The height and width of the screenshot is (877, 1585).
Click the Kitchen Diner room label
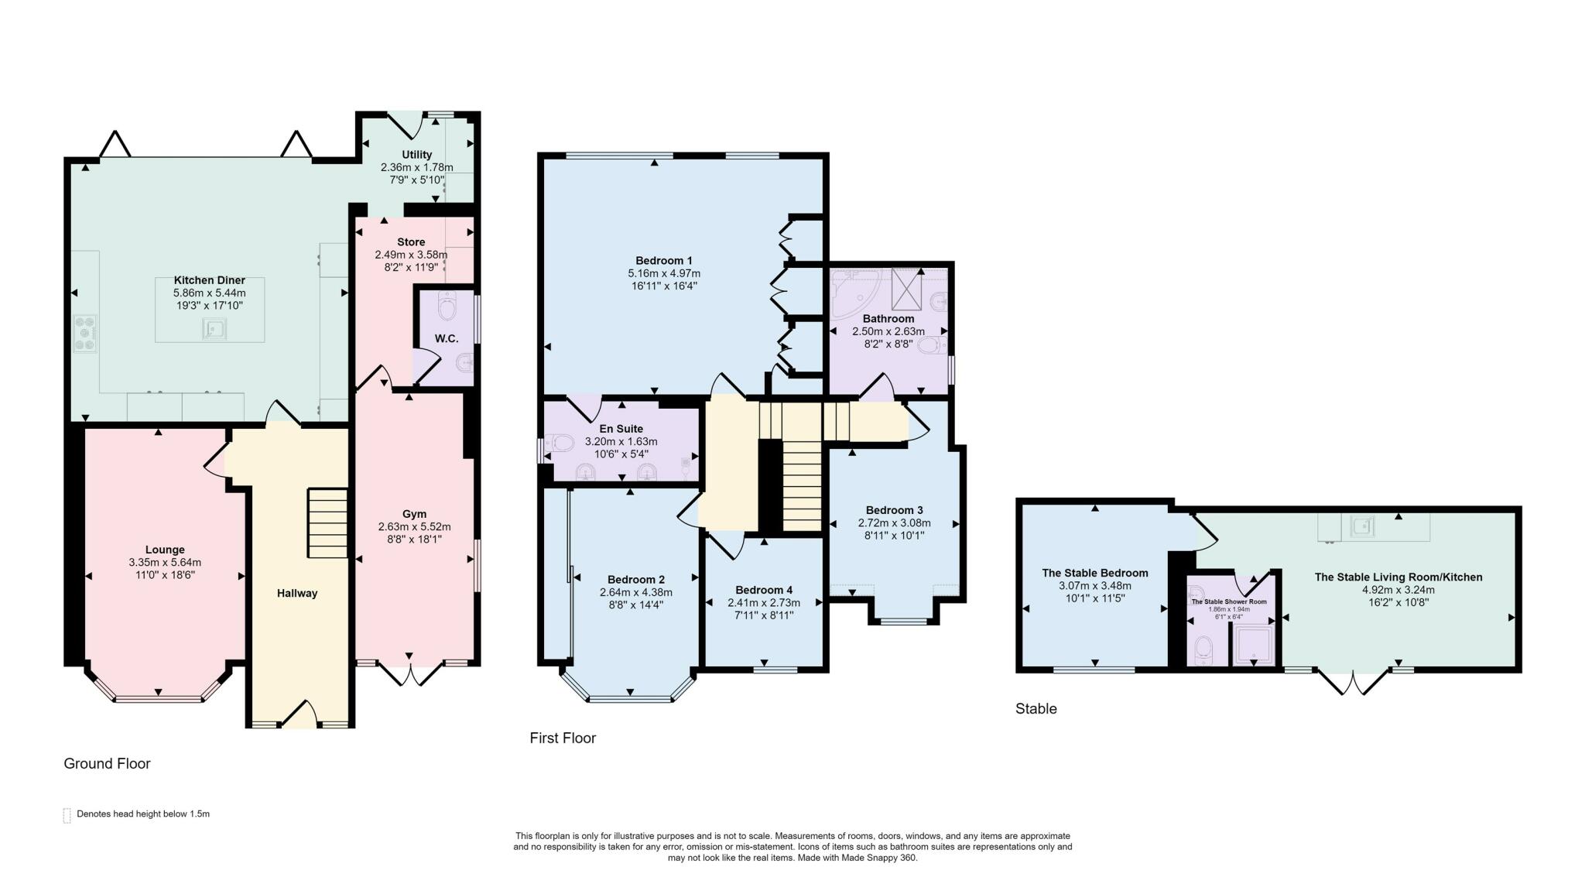point(209,280)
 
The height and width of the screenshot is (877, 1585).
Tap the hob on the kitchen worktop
point(84,334)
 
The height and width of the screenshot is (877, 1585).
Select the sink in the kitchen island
point(214,330)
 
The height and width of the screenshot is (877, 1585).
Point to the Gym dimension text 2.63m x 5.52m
point(414,526)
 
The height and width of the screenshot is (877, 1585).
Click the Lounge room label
point(165,550)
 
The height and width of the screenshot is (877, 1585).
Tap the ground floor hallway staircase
point(328,522)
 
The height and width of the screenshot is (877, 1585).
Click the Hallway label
point(297,594)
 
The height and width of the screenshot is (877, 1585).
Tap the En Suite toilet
point(559,444)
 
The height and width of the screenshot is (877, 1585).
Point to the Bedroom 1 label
point(664,260)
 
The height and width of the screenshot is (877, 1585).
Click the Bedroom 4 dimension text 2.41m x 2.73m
point(764,602)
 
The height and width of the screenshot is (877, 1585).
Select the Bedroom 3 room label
point(894,510)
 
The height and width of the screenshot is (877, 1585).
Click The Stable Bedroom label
point(1095,573)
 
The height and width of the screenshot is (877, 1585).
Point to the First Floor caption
point(563,738)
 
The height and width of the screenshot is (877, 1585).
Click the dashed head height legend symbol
point(67,815)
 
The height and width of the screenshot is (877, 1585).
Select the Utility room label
point(416,155)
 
